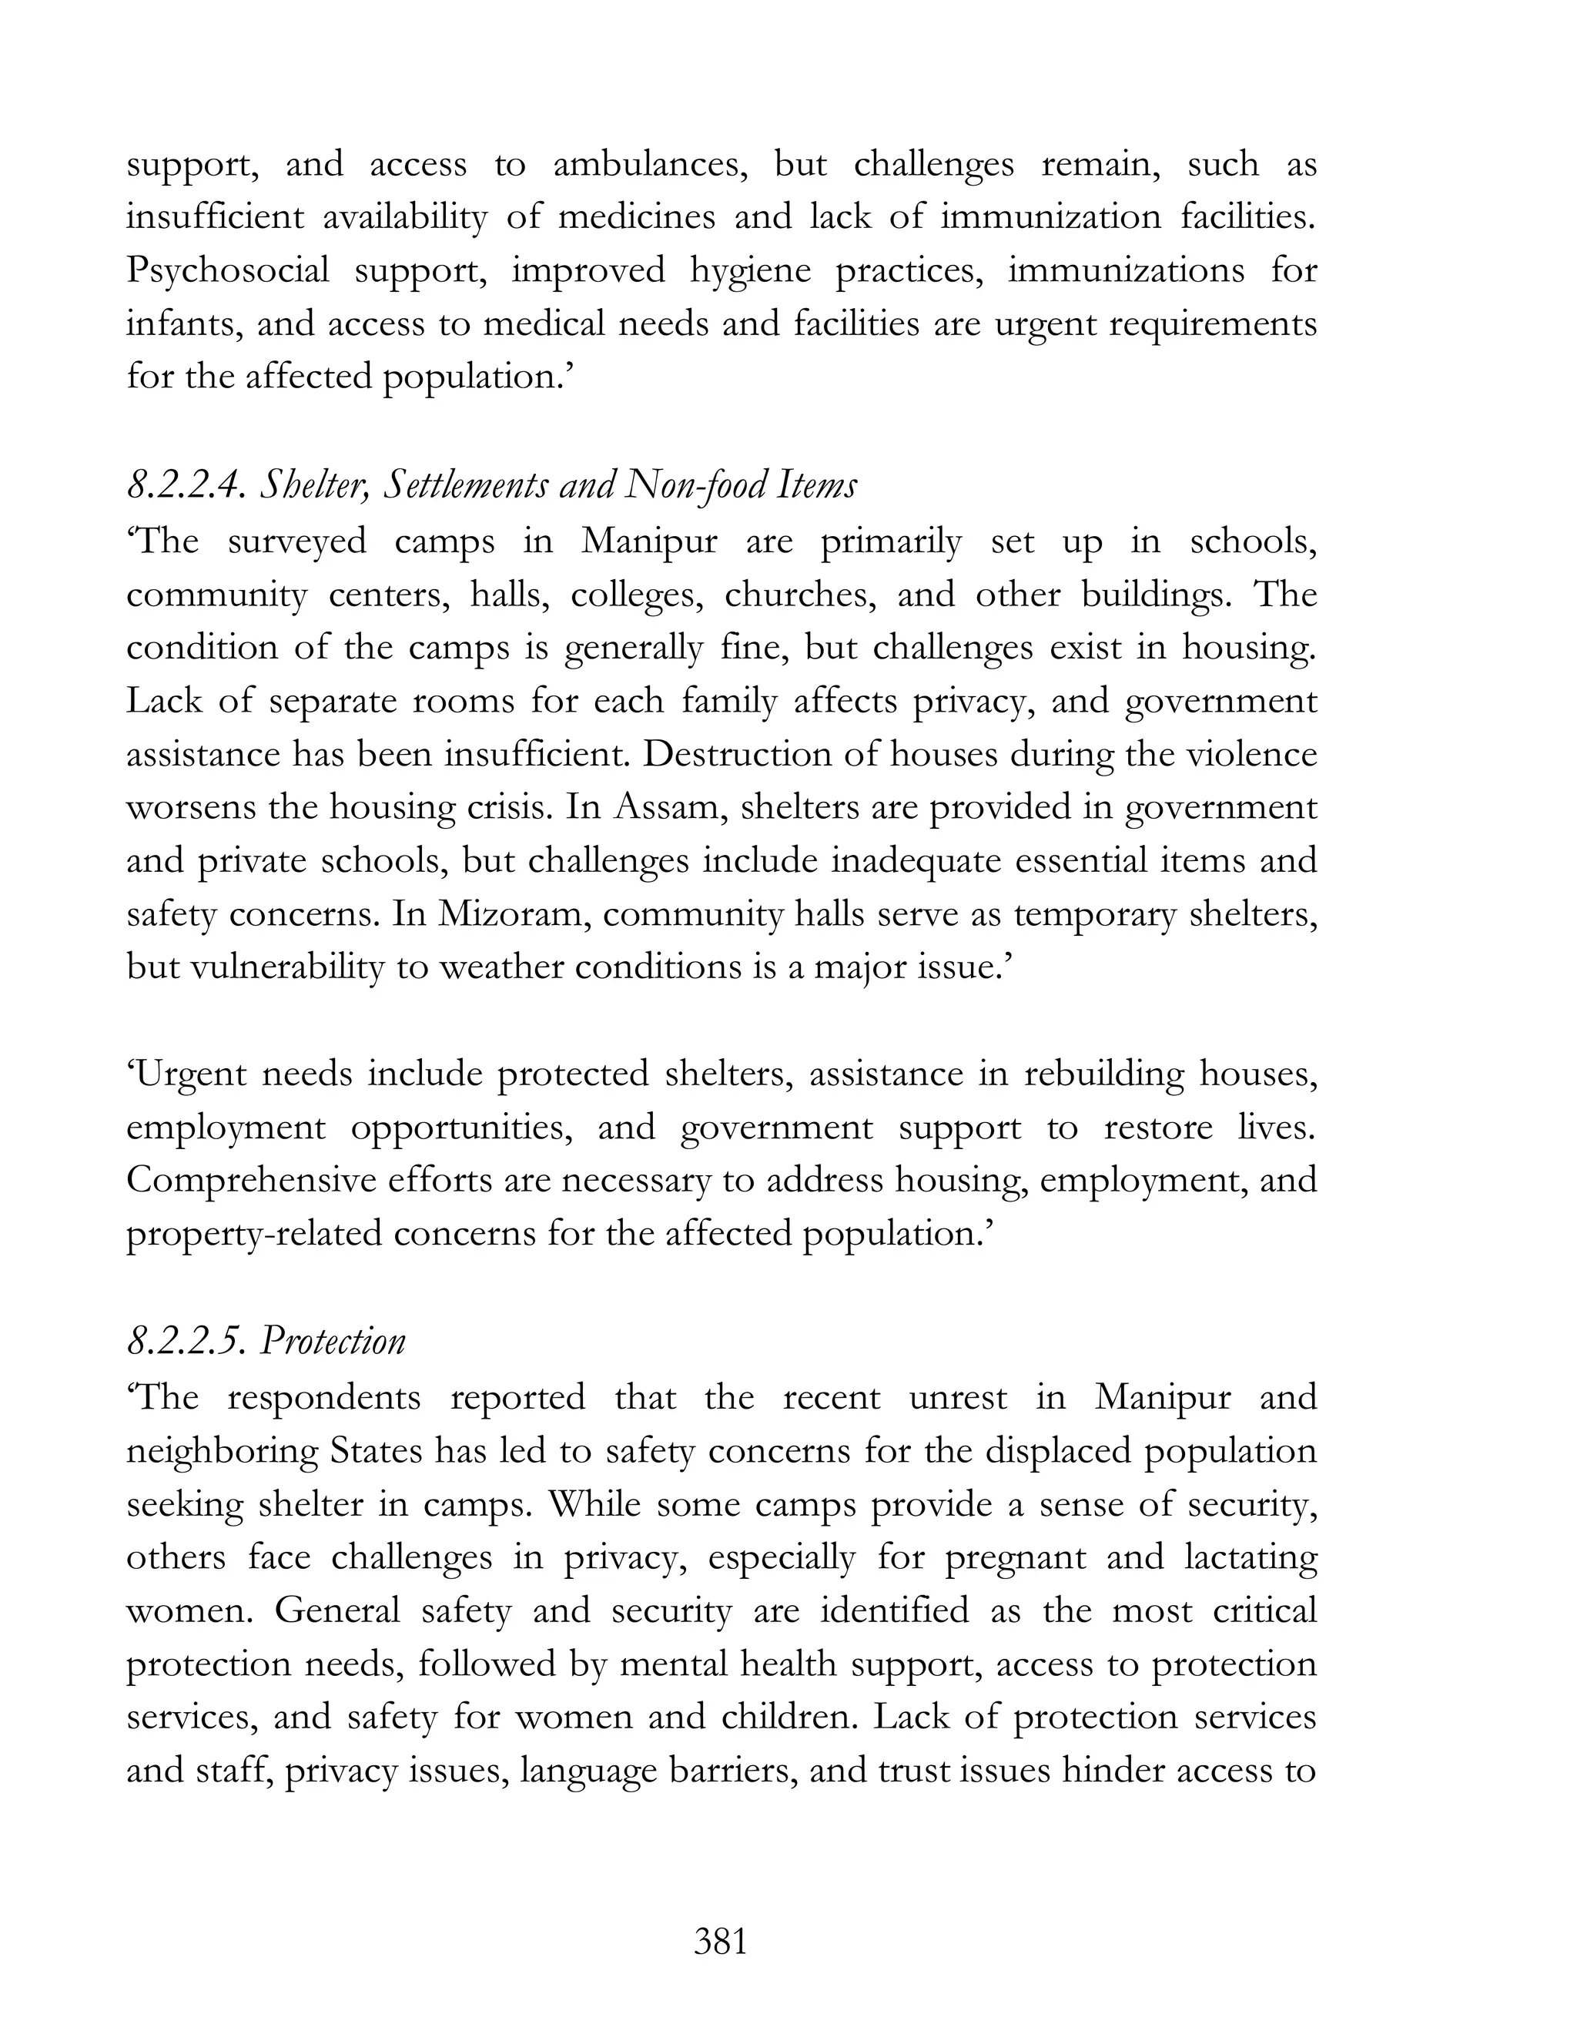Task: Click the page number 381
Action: click(720, 1942)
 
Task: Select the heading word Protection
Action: click(333, 1342)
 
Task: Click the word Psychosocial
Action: click(227, 272)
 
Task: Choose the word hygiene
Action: click(750, 272)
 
